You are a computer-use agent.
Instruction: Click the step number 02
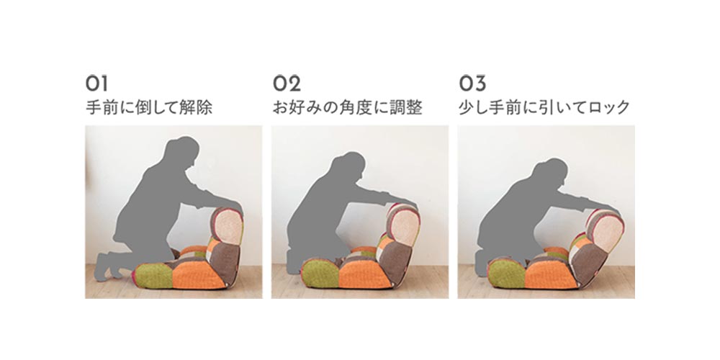click(287, 81)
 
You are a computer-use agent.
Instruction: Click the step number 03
click(472, 81)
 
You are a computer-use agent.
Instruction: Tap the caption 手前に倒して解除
click(149, 109)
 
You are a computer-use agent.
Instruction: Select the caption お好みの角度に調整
click(347, 109)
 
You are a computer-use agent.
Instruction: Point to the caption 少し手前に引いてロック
click(544, 109)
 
